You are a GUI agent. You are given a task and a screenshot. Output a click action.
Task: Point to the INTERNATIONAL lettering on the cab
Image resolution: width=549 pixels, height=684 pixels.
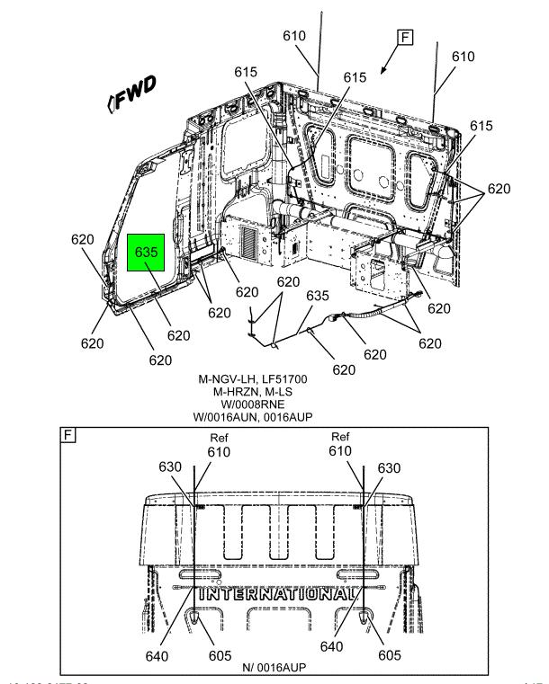pyautogui.click(x=274, y=594)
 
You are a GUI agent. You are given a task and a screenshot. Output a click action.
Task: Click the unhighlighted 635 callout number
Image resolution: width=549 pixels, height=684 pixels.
pyautogui.click(x=317, y=295)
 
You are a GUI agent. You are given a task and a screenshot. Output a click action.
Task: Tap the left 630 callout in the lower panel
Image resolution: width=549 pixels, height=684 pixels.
pyautogui.click(x=171, y=467)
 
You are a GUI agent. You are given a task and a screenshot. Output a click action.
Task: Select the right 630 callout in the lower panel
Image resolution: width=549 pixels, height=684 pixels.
pyautogui.click(x=388, y=467)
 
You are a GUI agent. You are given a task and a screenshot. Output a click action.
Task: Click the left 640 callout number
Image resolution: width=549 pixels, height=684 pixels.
pyautogui.click(x=157, y=654)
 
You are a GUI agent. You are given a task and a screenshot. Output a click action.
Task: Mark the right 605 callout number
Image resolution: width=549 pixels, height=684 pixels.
pyautogui.click(x=389, y=654)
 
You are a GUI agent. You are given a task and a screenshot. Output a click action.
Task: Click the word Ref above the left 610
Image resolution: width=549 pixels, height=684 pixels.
pyautogui.click(x=220, y=439)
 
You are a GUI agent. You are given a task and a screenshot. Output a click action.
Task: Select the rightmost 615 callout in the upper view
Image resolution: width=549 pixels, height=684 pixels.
pyautogui.click(x=481, y=126)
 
